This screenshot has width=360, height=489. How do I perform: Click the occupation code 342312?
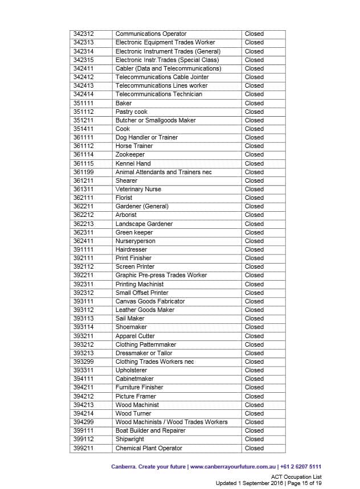[x=83, y=34]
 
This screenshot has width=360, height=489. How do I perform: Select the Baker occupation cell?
[x=124, y=103]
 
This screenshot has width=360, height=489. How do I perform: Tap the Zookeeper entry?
[x=130, y=154]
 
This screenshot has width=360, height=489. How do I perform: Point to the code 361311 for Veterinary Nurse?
[x=83, y=189]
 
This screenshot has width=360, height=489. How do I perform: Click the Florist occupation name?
[x=124, y=198]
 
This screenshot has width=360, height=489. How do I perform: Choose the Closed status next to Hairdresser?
[x=254, y=249]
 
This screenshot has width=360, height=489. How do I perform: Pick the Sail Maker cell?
[x=130, y=318]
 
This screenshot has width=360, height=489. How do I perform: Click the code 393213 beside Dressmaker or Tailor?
[x=83, y=353]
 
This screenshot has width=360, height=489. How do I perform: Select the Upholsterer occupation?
[x=131, y=370]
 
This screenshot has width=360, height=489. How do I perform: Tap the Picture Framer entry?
[x=136, y=396]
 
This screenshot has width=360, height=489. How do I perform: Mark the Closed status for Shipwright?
[x=254, y=439]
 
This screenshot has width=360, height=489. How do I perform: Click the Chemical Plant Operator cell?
[x=149, y=448]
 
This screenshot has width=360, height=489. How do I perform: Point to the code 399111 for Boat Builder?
[x=83, y=430]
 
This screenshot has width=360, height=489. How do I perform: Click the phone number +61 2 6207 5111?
[x=302, y=466]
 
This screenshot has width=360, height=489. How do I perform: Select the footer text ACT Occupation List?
[x=296, y=476]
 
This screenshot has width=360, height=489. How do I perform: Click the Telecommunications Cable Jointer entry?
[x=162, y=77]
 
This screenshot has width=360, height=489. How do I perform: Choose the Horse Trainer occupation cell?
[x=134, y=146]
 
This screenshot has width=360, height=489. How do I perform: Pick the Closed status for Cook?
[x=254, y=129]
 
